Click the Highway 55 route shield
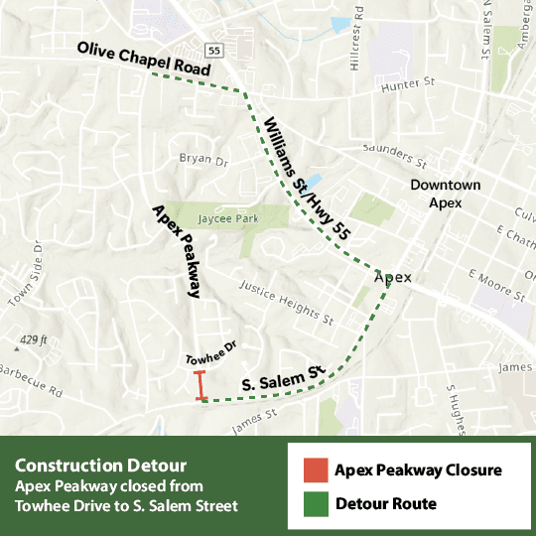[x=213, y=49]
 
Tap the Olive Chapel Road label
[x=145, y=61]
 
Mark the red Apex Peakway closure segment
[x=201, y=386]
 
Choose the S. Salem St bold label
[x=284, y=378]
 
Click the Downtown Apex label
[x=447, y=194]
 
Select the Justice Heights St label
[x=287, y=302]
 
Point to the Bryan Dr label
[x=203, y=159]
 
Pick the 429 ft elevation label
[x=32, y=340]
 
